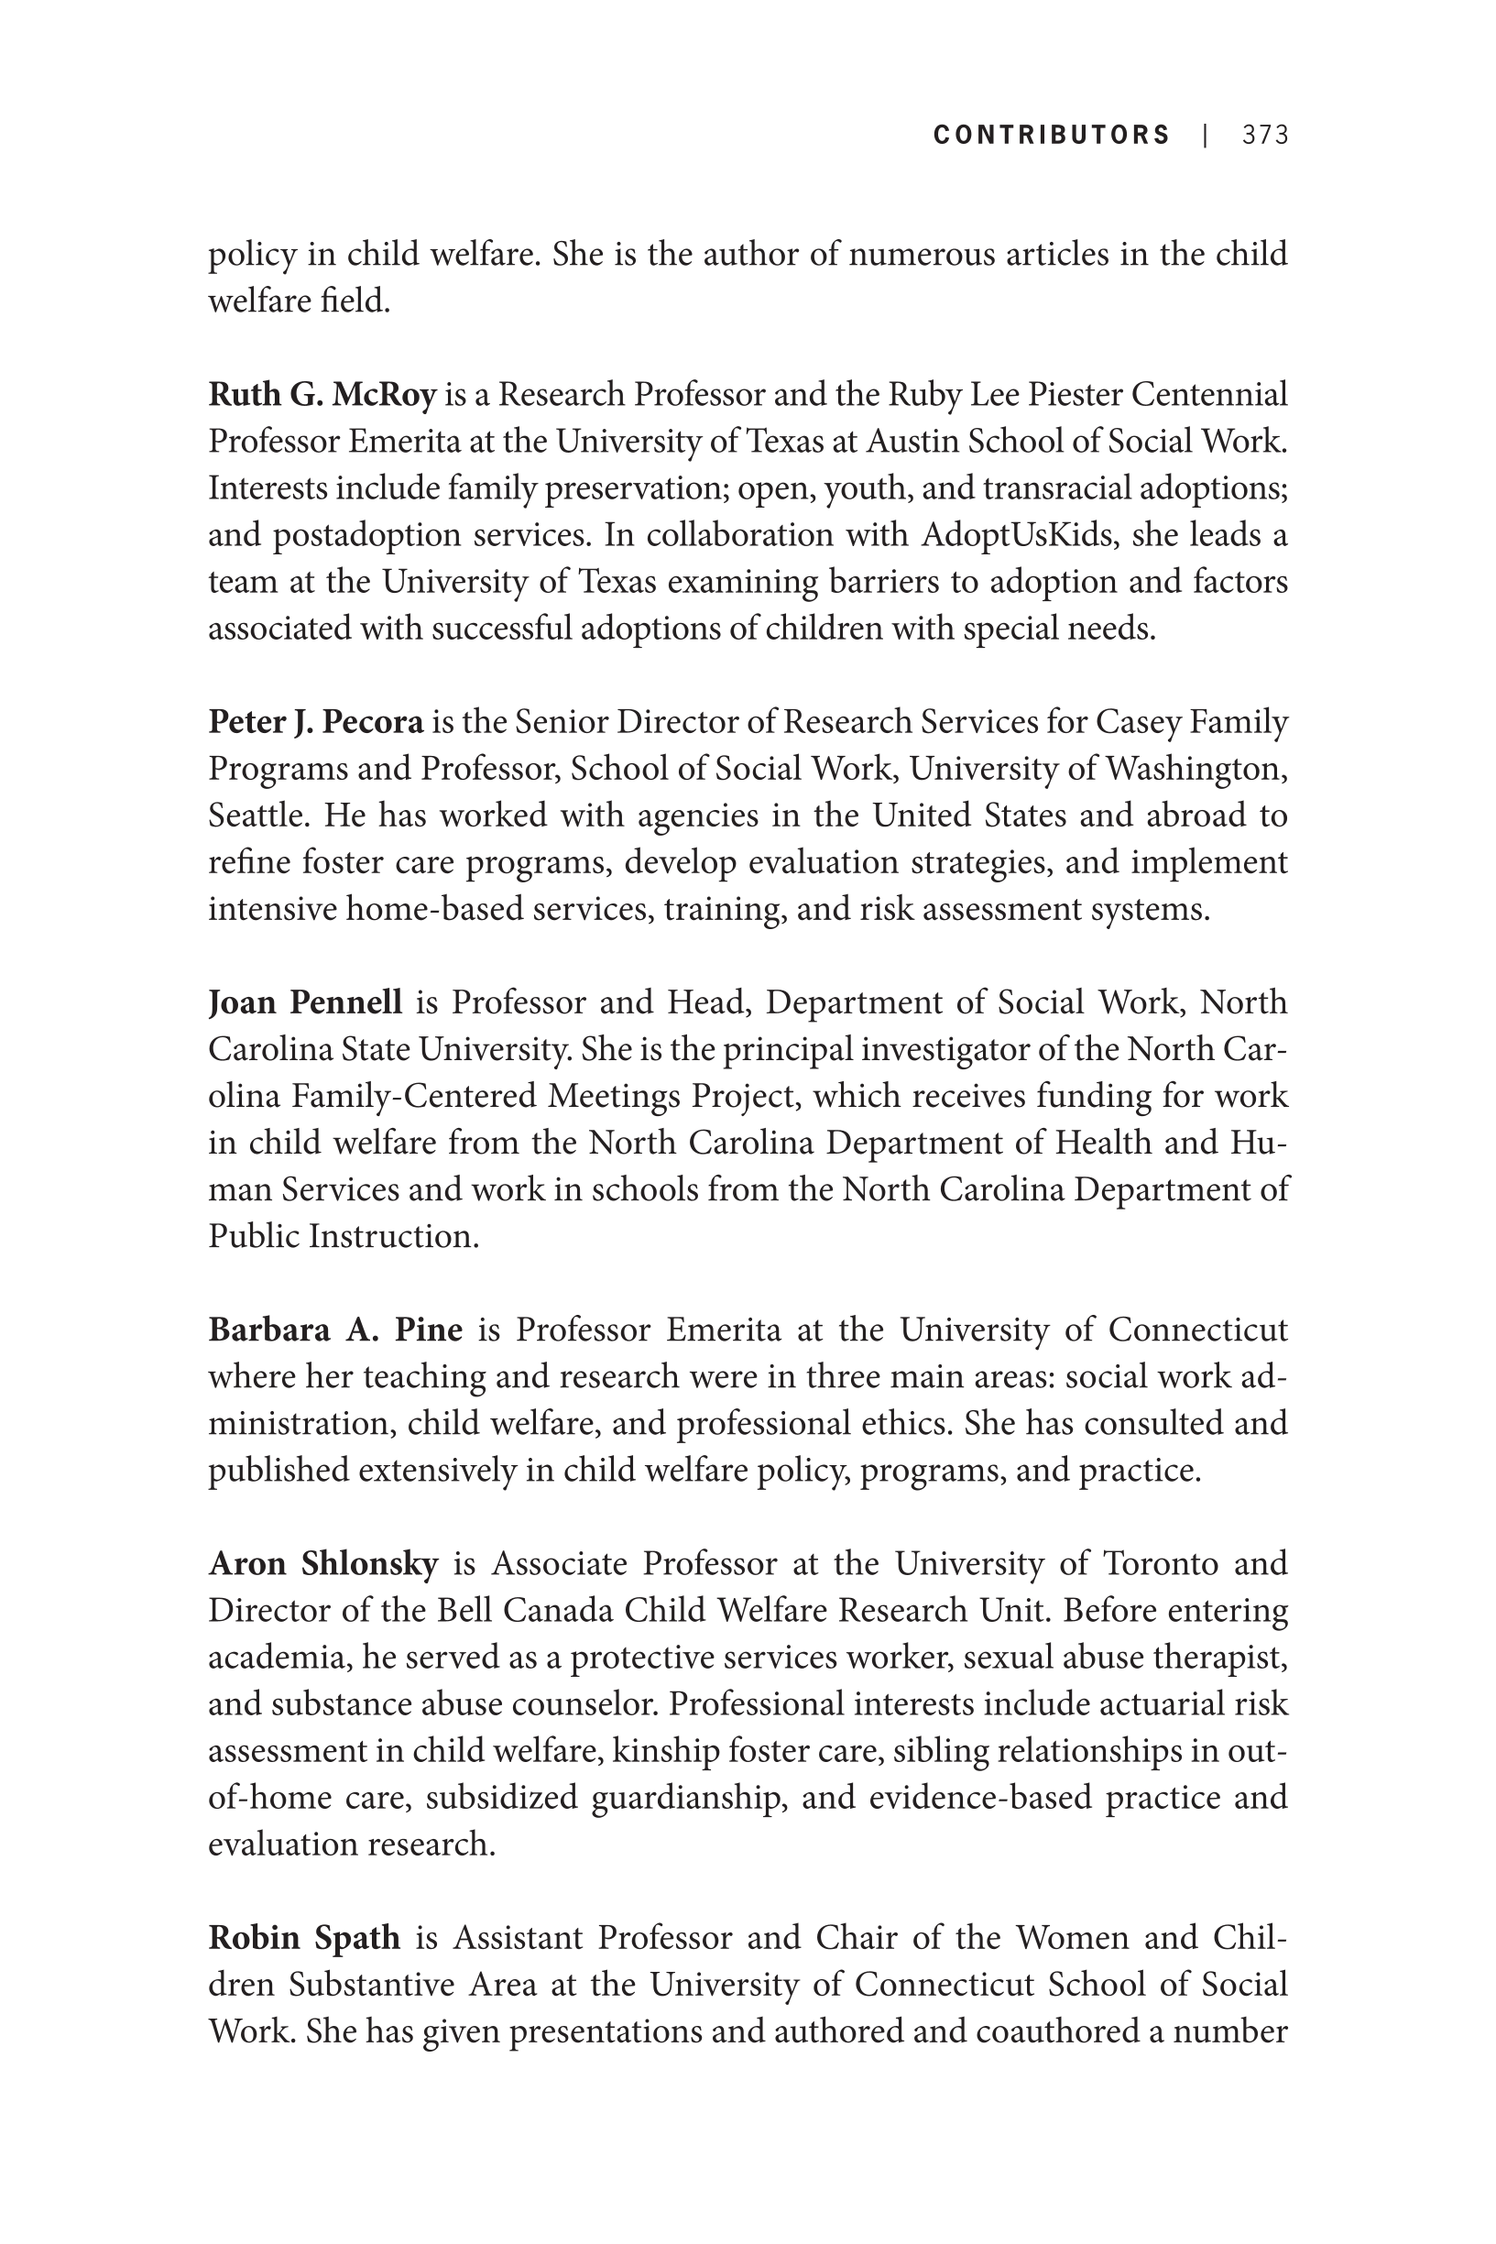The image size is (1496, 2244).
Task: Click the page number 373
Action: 1265,136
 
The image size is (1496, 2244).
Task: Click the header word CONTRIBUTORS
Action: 1052,136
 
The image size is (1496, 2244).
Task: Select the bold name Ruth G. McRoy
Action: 322,394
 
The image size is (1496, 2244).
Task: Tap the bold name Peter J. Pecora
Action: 316,722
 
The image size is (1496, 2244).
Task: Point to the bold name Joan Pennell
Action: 305,1002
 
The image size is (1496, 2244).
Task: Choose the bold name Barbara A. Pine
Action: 335,1330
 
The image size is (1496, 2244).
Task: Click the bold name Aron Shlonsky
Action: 323,1564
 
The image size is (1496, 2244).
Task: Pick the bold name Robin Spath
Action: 304,1938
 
